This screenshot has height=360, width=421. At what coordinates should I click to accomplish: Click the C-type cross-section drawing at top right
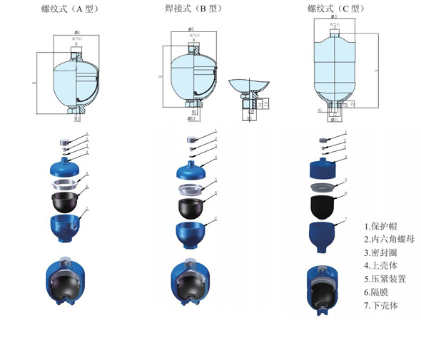pyautogui.click(x=334, y=68)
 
